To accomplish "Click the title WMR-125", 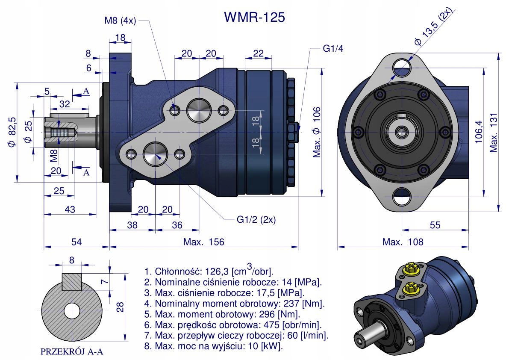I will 254,17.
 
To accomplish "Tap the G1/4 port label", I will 332,48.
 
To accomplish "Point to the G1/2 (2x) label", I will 256,220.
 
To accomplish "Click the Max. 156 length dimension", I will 203,242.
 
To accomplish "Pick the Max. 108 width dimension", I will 403,242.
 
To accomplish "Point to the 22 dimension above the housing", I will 258,53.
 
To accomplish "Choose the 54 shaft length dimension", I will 76,242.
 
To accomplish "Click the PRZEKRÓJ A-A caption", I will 72,352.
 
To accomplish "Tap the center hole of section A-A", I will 72,310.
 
